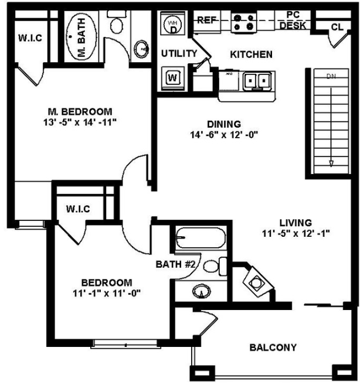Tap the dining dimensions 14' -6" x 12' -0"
(x=225, y=134)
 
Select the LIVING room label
(x=296, y=222)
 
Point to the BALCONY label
(x=273, y=347)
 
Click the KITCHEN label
(x=251, y=54)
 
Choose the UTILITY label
(x=179, y=53)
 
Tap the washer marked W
(x=173, y=77)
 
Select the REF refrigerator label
(x=206, y=20)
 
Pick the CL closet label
(x=337, y=27)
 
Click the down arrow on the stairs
(x=331, y=163)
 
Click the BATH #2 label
(x=175, y=264)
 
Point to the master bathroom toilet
(x=116, y=25)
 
